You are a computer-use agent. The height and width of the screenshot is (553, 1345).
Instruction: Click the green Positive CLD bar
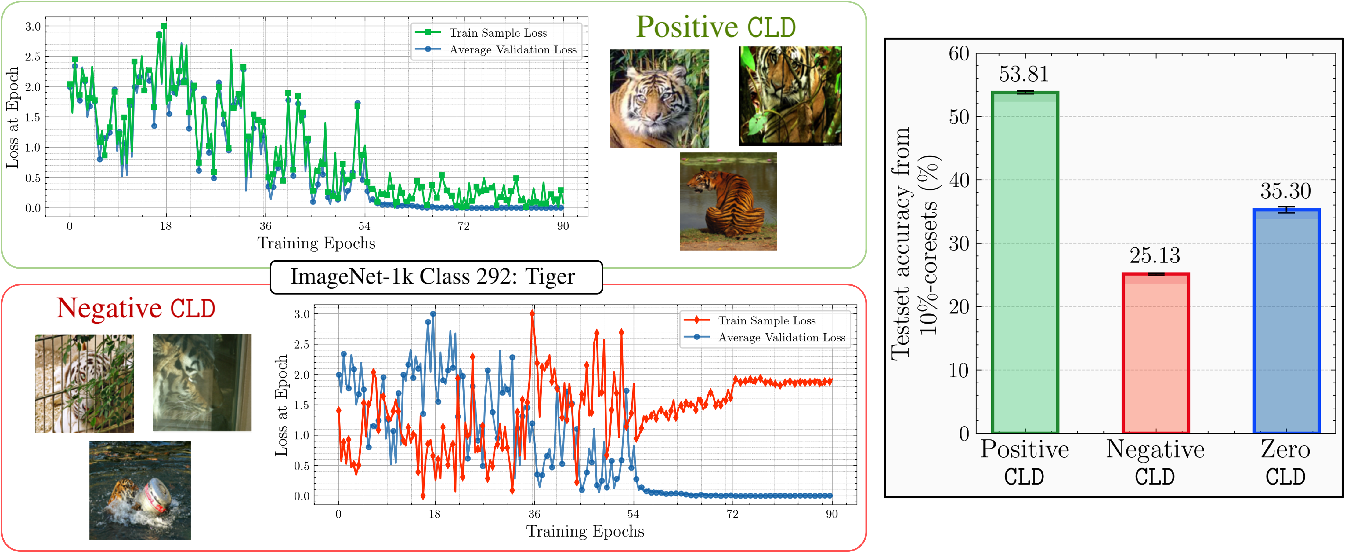(x=1025, y=261)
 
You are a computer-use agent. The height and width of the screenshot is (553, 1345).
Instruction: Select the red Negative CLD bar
(x=1155, y=353)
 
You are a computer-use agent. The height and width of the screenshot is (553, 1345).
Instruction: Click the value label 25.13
(x=1155, y=256)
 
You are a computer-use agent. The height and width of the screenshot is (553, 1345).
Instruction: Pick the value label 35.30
(x=1285, y=191)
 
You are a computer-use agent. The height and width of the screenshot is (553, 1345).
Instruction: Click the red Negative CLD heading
(x=136, y=308)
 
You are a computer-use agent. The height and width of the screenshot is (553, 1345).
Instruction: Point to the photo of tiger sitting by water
(x=729, y=202)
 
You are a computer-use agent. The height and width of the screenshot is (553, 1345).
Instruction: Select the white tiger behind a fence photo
(x=84, y=384)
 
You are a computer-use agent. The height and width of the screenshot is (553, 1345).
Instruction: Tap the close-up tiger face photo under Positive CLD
(x=660, y=98)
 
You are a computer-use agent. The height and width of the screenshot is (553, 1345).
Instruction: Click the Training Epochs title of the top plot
(x=316, y=244)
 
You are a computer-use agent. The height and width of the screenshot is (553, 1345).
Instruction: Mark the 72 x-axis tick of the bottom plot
(x=732, y=514)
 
